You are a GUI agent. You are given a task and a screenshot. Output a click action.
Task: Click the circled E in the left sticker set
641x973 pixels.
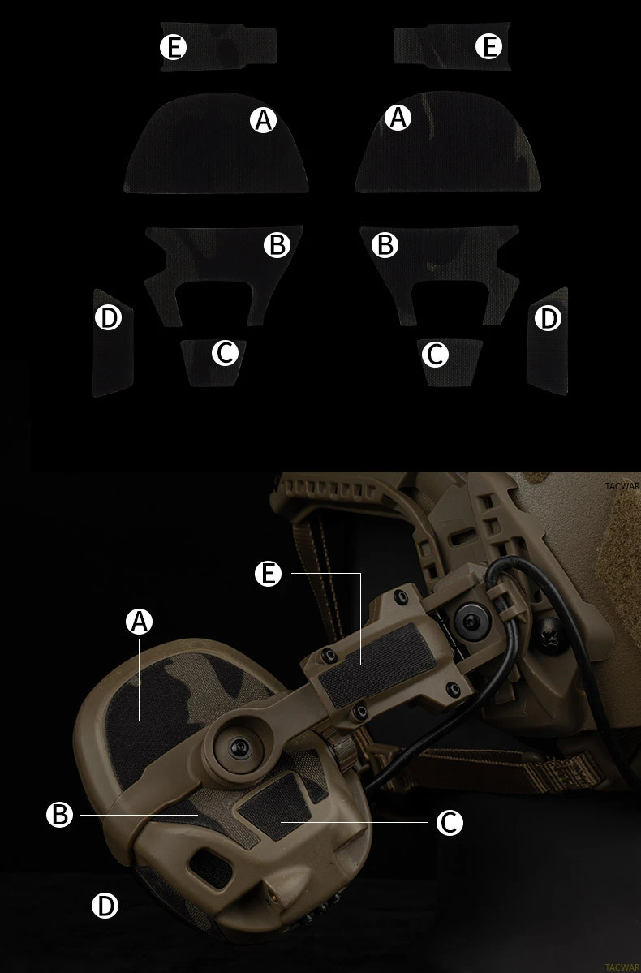pos(173,46)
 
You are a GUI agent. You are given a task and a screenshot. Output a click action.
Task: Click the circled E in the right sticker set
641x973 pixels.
pos(489,46)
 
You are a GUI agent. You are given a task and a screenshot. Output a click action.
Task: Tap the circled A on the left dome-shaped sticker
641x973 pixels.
pos(263,120)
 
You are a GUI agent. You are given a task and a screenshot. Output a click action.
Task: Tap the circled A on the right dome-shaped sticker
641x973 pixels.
pos(398,117)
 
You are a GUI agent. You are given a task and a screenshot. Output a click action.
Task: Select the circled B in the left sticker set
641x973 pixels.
pos(277,244)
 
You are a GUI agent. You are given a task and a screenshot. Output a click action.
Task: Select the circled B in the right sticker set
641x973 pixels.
pos(385,244)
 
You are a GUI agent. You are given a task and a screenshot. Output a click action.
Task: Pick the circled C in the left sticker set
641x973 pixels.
pos(225,352)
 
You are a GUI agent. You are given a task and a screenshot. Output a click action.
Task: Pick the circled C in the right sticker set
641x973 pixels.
pos(435,355)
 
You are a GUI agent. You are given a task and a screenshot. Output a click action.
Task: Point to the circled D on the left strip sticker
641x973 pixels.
pos(108,317)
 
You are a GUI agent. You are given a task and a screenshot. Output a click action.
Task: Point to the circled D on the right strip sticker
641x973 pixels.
pos(548,318)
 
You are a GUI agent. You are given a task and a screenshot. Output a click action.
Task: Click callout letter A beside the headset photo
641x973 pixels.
pos(139,621)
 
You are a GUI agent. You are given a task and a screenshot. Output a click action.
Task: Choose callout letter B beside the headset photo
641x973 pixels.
pos(59,814)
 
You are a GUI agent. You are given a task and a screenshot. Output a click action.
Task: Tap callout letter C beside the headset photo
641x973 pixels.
pos(450,822)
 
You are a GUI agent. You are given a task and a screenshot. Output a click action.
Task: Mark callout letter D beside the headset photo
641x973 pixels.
pos(105,906)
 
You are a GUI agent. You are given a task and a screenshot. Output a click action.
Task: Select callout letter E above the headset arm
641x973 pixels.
pos(268,574)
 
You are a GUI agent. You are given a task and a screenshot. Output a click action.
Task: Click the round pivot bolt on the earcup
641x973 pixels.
pos(239,747)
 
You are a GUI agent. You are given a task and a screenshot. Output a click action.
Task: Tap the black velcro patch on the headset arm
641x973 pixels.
pos(379,664)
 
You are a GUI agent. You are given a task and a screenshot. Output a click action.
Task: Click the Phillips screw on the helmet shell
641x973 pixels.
pos(549,634)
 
